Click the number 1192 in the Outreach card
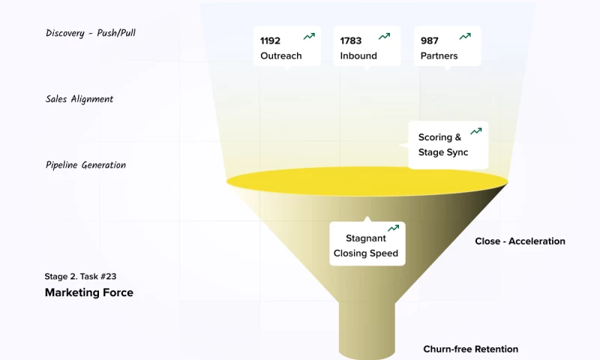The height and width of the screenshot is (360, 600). click(270, 40)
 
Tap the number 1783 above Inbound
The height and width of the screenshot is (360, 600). click(351, 40)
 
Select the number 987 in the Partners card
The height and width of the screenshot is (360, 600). click(429, 40)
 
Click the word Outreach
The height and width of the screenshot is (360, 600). click(281, 55)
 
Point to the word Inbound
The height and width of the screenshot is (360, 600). click(358, 55)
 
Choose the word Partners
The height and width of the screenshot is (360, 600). click(439, 55)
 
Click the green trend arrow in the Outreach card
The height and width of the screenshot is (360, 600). click(309, 36)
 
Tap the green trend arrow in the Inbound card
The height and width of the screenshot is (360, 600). click(385, 36)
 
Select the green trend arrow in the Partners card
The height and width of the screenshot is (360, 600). click(465, 36)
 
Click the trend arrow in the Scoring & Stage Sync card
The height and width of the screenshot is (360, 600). click(475, 131)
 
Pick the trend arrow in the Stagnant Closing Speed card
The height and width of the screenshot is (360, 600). click(393, 228)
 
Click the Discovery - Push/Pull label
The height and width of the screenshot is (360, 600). click(91, 33)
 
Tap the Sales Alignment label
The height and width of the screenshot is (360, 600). click(79, 99)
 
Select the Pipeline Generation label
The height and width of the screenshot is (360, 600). click(85, 165)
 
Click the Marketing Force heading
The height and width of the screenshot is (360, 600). click(89, 292)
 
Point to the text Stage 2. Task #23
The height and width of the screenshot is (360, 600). click(80, 276)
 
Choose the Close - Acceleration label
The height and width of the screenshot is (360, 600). click(520, 241)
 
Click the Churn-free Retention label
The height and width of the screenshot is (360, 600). click(470, 349)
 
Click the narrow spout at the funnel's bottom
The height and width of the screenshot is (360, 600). click(367, 330)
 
